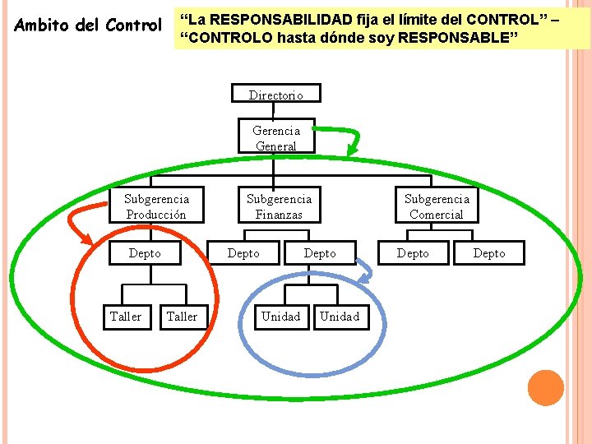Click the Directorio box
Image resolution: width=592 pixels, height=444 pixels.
(276, 95)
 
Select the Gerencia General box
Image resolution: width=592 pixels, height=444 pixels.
(276, 137)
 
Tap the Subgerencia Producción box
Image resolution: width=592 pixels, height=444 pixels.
(156, 206)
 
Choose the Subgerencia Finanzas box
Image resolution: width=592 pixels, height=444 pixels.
(279, 206)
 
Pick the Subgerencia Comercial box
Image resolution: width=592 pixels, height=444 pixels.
(436, 206)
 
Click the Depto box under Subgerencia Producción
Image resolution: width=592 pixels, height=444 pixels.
(146, 253)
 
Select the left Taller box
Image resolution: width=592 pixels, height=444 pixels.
(126, 316)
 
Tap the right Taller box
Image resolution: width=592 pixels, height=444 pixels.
(182, 316)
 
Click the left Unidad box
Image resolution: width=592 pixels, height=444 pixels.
(280, 316)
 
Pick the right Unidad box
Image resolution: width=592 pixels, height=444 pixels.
(340, 316)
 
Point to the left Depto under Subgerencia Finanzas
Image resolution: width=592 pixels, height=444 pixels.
(243, 253)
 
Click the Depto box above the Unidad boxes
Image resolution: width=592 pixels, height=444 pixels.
(320, 253)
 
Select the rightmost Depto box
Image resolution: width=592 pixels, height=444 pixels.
(489, 253)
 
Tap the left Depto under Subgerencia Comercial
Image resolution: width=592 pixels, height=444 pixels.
(413, 253)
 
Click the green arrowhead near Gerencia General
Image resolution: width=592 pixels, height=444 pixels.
(352, 150)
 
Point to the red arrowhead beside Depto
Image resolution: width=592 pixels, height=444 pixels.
(85, 238)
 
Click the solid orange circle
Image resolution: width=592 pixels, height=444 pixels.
(546, 387)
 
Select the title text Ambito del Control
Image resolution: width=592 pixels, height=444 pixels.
(89, 25)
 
